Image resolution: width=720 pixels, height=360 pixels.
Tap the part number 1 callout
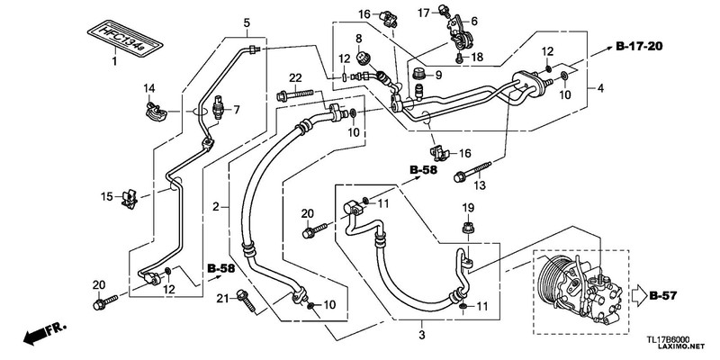point(114,61)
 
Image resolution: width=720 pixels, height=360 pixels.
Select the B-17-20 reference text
point(639,46)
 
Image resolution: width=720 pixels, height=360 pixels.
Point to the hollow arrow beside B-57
point(639,296)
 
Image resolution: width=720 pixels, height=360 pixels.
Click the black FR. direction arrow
point(44,334)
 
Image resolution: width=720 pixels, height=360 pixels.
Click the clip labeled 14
point(154,112)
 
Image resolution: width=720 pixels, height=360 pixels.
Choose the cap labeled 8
point(363,58)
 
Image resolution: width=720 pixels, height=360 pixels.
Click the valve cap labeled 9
point(418,74)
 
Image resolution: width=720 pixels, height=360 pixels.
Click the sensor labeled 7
point(219,108)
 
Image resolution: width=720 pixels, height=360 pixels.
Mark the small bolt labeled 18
point(460,58)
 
